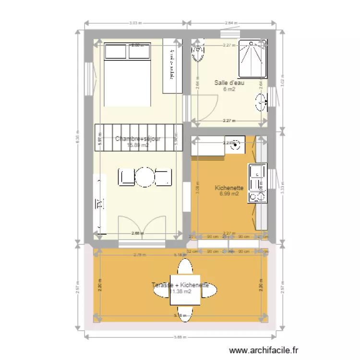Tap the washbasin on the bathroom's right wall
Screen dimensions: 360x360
262,101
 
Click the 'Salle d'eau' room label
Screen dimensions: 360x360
229,83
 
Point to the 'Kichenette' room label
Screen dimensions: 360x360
229,188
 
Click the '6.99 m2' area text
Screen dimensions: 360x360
229,194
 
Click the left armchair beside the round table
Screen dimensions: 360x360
127,177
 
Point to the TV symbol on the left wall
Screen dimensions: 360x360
100,204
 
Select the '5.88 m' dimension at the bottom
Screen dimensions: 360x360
180,336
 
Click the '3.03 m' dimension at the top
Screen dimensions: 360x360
136,22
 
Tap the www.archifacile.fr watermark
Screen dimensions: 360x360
264,351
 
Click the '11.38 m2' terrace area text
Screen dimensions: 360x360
181,291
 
